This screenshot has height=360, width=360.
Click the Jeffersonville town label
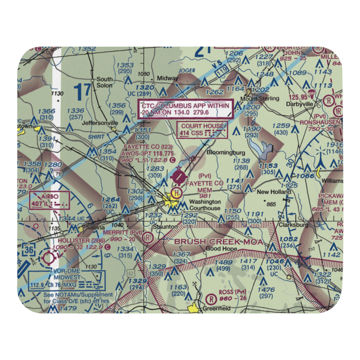click(100, 123)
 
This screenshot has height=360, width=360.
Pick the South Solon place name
click(104, 82)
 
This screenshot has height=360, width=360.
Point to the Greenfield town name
click(216, 309)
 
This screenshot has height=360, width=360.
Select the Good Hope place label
click(221, 249)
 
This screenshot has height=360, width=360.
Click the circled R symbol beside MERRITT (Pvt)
click(147, 238)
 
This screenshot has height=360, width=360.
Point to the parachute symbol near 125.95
click(312, 94)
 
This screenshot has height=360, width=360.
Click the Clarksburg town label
click(294, 225)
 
